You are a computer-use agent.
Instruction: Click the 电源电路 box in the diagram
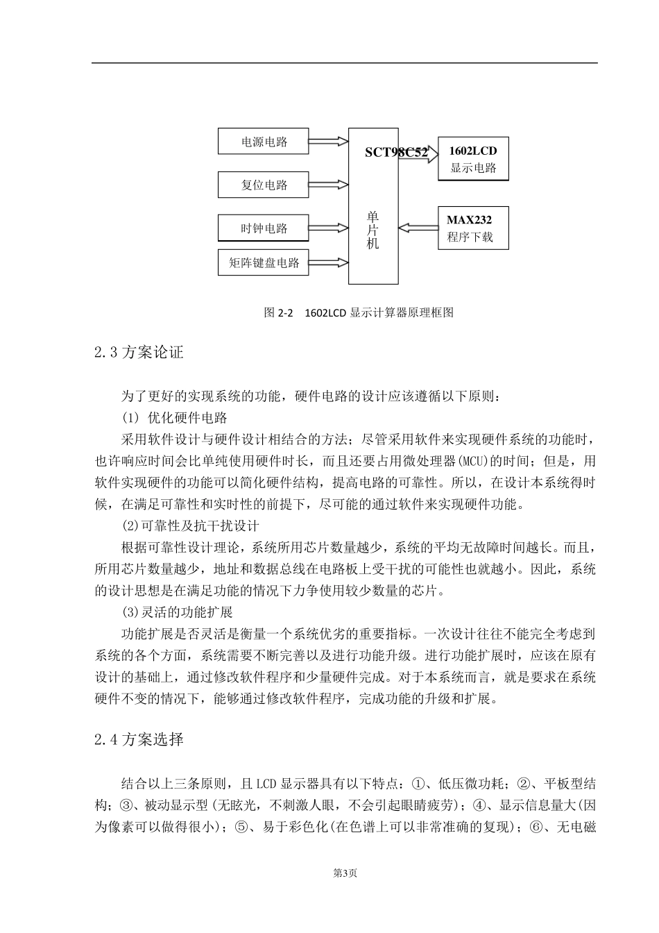(263, 142)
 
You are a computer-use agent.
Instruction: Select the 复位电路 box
(263, 185)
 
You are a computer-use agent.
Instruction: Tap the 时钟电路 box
(263, 228)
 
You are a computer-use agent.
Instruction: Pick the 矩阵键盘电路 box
(263, 262)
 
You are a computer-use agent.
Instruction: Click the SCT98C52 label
(395, 153)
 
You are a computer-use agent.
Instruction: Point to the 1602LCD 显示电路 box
(473, 159)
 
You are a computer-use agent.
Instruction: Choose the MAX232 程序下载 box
(473, 228)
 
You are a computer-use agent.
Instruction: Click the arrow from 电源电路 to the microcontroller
(327, 142)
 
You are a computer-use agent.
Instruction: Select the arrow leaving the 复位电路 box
(327, 185)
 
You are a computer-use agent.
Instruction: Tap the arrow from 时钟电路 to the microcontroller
(327, 228)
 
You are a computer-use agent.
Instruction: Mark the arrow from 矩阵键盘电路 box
(327, 262)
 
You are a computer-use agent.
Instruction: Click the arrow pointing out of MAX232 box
(418, 228)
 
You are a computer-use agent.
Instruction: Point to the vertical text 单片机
(373, 230)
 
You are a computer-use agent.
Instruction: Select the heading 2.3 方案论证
(139, 353)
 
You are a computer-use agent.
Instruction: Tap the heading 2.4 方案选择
(139, 739)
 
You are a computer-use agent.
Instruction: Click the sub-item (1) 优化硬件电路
(174, 418)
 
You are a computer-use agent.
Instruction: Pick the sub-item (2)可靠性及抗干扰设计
(190, 526)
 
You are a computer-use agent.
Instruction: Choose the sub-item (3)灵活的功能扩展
(177, 612)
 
